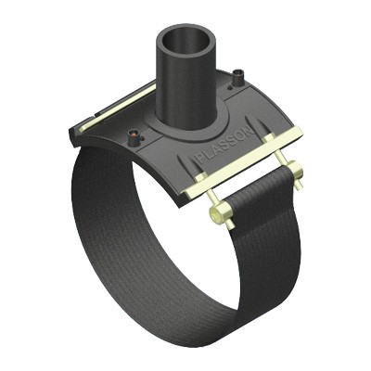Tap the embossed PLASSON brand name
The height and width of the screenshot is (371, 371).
[226, 146]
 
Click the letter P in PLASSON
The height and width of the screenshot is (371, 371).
[201, 160]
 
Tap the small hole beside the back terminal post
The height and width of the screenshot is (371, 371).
[230, 88]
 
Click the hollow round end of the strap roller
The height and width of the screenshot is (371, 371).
[215, 212]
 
